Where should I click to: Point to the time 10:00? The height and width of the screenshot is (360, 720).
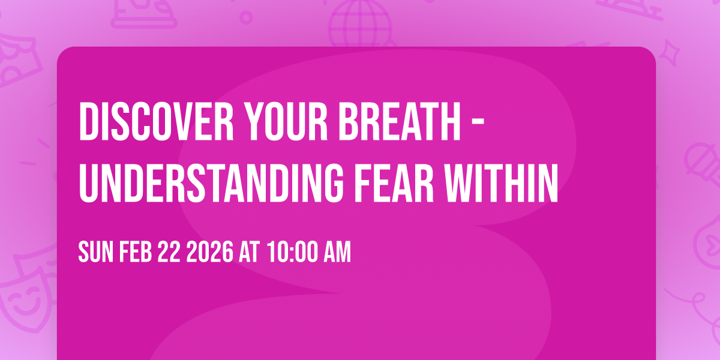(x=291, y=253)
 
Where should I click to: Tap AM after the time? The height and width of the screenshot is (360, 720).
(x=335, y=253)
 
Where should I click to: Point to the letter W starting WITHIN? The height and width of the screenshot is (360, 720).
(x=470, y=181)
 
